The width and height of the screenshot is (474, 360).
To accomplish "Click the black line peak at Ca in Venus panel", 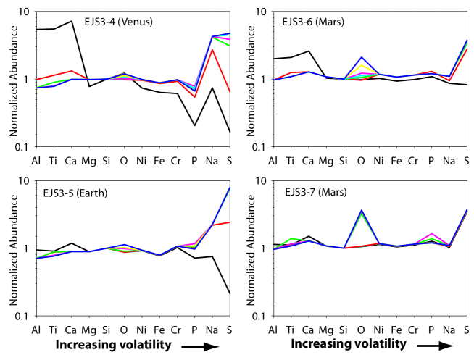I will click(72, 21).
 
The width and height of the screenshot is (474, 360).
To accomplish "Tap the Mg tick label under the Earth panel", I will click(89, 330).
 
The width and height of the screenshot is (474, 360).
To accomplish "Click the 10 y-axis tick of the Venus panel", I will click(25, 12).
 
